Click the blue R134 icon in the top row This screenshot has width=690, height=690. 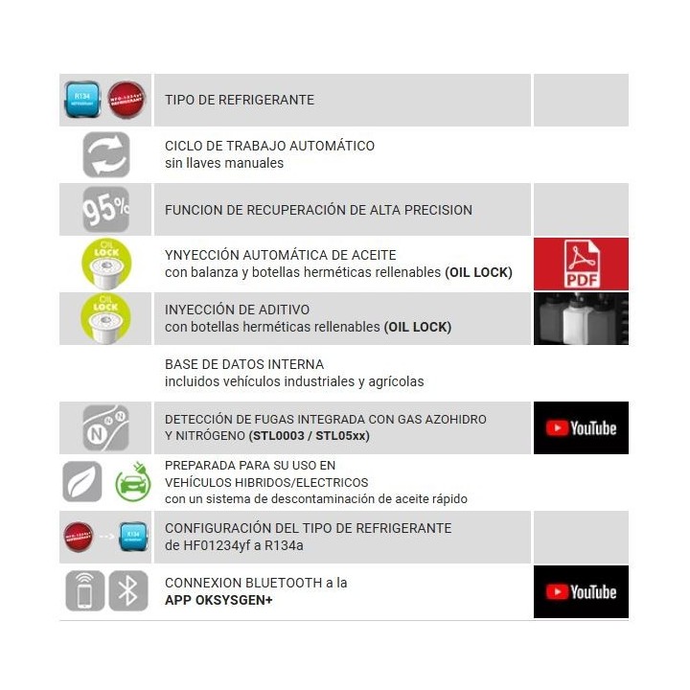[82, 100]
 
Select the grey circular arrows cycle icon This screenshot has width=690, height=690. [105, 154]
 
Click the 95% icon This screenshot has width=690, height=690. [105, 209]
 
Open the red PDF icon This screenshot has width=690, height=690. [581, 264]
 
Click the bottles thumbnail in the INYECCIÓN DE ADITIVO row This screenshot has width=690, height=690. [581, 319]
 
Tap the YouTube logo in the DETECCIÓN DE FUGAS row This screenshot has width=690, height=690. [581, 427]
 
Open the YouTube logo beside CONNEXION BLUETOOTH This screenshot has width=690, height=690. [581, 591]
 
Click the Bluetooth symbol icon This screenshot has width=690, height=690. [127, 590]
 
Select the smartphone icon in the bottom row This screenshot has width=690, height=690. [85, 590]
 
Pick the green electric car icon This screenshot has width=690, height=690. [133, 482]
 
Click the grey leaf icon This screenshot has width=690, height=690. [82, 482]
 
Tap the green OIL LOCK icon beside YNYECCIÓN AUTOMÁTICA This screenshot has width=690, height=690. [105, 264]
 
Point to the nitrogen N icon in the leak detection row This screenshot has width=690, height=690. [105, 427]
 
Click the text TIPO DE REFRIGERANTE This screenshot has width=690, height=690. [240, 100]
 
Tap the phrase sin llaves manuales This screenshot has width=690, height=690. [224, 163]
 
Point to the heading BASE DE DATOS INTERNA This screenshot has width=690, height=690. [244, 364]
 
